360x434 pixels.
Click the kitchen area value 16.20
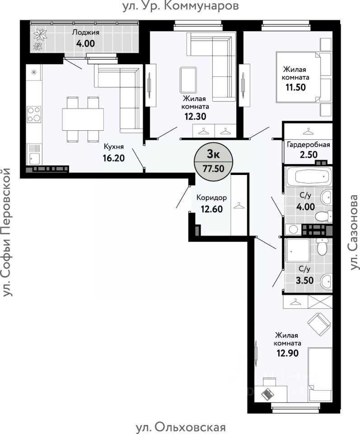114,158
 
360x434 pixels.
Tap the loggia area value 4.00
85,43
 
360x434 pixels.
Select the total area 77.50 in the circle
214,168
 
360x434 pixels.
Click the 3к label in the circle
213,155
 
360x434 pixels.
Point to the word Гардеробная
309,145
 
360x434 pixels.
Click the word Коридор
211,198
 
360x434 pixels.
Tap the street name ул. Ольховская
181,427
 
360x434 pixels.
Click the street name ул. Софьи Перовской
6,232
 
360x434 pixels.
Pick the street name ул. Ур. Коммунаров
181,6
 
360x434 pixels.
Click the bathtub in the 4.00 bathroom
309,176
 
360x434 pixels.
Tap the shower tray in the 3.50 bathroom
298,251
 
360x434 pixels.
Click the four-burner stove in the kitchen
34,114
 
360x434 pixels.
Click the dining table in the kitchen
83,119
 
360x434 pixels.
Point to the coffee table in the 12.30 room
188,80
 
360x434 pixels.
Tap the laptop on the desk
267,393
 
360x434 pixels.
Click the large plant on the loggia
40,35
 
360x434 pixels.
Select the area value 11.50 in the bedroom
295,87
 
